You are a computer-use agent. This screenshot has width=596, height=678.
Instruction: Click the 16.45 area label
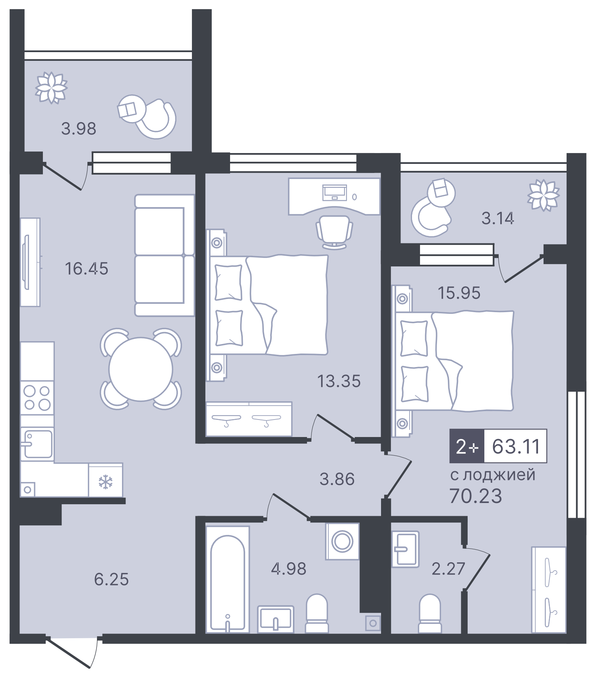tap(86, 269)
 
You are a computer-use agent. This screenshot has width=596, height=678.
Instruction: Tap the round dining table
tap(141, 369)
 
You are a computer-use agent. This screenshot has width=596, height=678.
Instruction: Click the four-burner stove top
tap(37, 398)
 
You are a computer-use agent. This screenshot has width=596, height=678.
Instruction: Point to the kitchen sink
tap(37, 444)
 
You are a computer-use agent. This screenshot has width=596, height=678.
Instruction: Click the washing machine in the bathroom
tap(342, 541)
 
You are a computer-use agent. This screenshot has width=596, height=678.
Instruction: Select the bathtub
tap(227, 579)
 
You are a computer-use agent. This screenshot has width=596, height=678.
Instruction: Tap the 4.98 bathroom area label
tap(288, 569)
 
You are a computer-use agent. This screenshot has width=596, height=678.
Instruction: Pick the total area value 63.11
tap(516, 447)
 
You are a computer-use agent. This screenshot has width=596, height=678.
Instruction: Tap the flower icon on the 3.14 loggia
tap(543, 195)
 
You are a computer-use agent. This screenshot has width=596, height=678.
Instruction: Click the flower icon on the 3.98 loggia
tap(51, 87)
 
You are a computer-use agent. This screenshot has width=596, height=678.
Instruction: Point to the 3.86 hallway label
tap(337, 479)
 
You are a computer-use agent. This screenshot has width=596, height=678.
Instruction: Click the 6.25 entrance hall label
tap(111, 579)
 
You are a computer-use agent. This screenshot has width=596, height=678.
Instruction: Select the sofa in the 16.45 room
tap(164, 255)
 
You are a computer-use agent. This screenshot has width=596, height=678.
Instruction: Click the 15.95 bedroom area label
tap(459, 293)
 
